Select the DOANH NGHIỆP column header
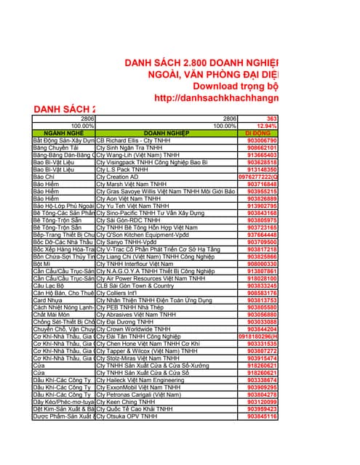(167, 134)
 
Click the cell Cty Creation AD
(117, 177)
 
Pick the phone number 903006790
(262, 140)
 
